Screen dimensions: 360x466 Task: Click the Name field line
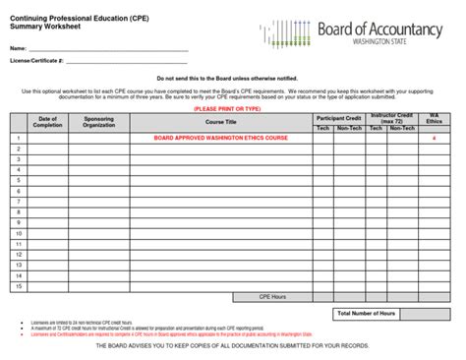point(108,48)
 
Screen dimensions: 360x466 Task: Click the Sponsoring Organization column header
point(99,122)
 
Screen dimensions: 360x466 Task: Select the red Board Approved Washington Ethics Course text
point(220,139)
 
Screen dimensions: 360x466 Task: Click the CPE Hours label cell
point(272,296)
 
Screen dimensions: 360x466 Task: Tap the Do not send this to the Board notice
point(232,77)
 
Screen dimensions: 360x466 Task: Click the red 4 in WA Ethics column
point(434,139)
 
